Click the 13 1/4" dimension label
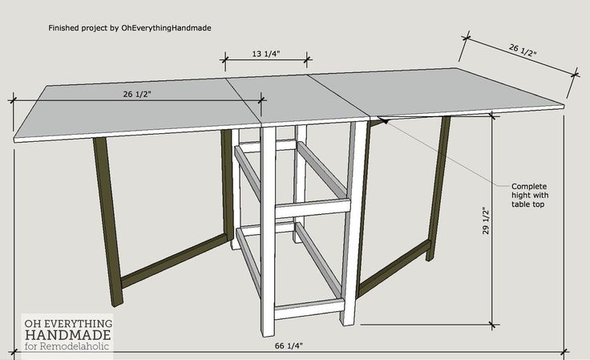pos(266,54)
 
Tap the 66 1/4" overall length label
pos(289,346)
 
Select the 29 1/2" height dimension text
pos(486,220)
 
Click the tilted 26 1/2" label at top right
pos(523,50)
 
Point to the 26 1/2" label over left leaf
pos(137,94)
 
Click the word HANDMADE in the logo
pos(67,335)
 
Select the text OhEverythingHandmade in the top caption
pos(166,28)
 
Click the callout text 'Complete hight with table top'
pos(530,196)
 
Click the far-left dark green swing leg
pos(108,222)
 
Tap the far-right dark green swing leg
pos(438,188)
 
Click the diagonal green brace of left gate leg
pos(174,261)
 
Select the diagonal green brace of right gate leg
pos(394,269)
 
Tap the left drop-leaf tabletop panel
pos(137,110)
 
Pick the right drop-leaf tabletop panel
pos(436,91)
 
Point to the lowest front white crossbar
pos(309,309)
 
